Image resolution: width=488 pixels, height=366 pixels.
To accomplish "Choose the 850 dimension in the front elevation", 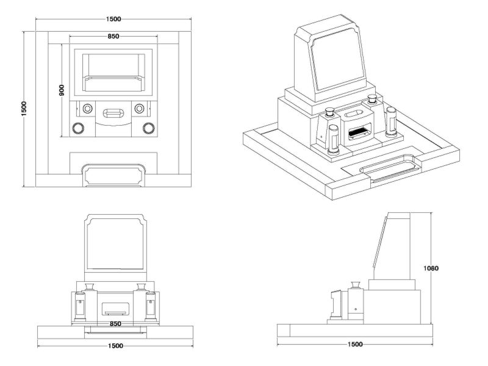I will click(x=115, y=323).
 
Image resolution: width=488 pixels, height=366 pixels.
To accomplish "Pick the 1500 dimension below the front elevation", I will click(x=115, y=346).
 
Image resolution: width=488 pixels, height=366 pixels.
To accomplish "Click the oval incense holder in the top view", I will click(x=113, y=113).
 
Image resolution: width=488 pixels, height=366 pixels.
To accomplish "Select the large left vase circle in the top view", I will click(x=78, y=128).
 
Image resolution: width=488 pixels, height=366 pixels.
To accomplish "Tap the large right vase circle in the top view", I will click(x=148, y=128).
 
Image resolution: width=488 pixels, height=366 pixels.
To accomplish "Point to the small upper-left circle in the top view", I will click(x=87, y=109).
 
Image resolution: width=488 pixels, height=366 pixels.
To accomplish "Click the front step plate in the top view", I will click(x=114, y=175).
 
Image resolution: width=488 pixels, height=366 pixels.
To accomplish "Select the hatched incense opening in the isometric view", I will click(x=359, y=130).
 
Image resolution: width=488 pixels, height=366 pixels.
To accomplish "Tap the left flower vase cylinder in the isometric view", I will click(x=334, y=139).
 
